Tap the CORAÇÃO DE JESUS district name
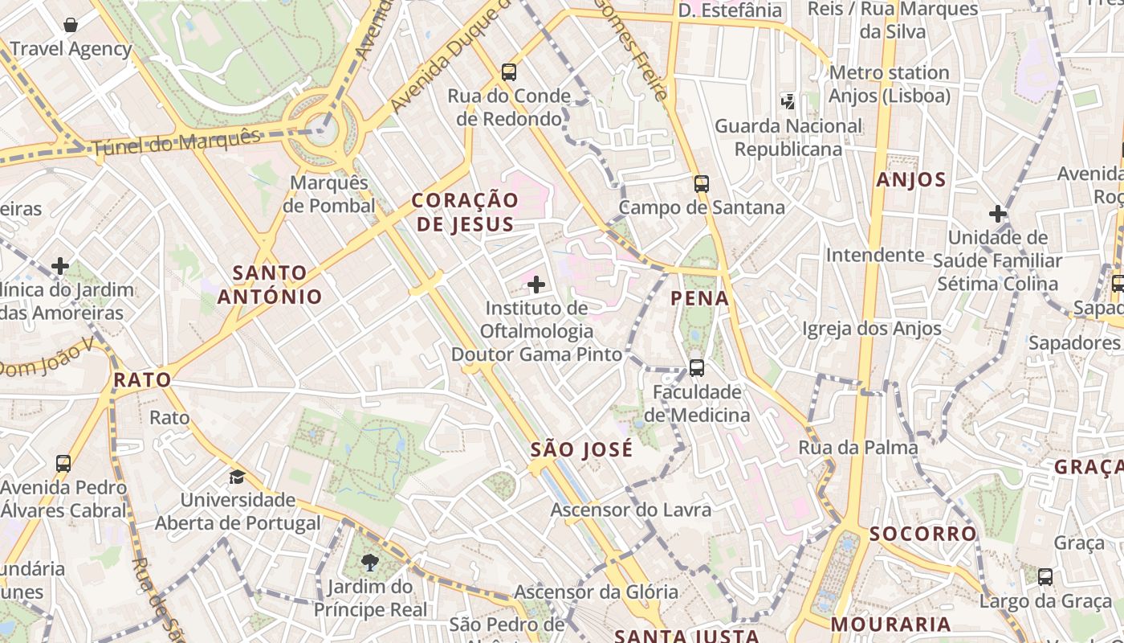coord(465,212)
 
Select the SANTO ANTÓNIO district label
coord(270,285)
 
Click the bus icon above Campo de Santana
coord(702,183)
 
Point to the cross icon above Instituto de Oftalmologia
coord(536,285)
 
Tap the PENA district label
coord(700,299)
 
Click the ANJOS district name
coord(911,180)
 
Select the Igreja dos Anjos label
coord(871,329)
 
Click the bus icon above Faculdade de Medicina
coord(697,368)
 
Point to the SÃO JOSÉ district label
coord(581,450)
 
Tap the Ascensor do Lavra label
coord(630,510)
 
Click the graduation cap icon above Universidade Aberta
coord(237,477)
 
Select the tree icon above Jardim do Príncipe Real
coord(370,563)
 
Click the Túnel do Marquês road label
coord(177,142)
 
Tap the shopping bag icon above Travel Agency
coord(71,25)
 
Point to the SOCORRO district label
coord(922,534)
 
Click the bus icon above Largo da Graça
coord(1045,576)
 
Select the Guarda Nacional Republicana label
coord(788,137)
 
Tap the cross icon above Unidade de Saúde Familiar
coord(997,214)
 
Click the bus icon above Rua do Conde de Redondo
coord(509,72)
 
